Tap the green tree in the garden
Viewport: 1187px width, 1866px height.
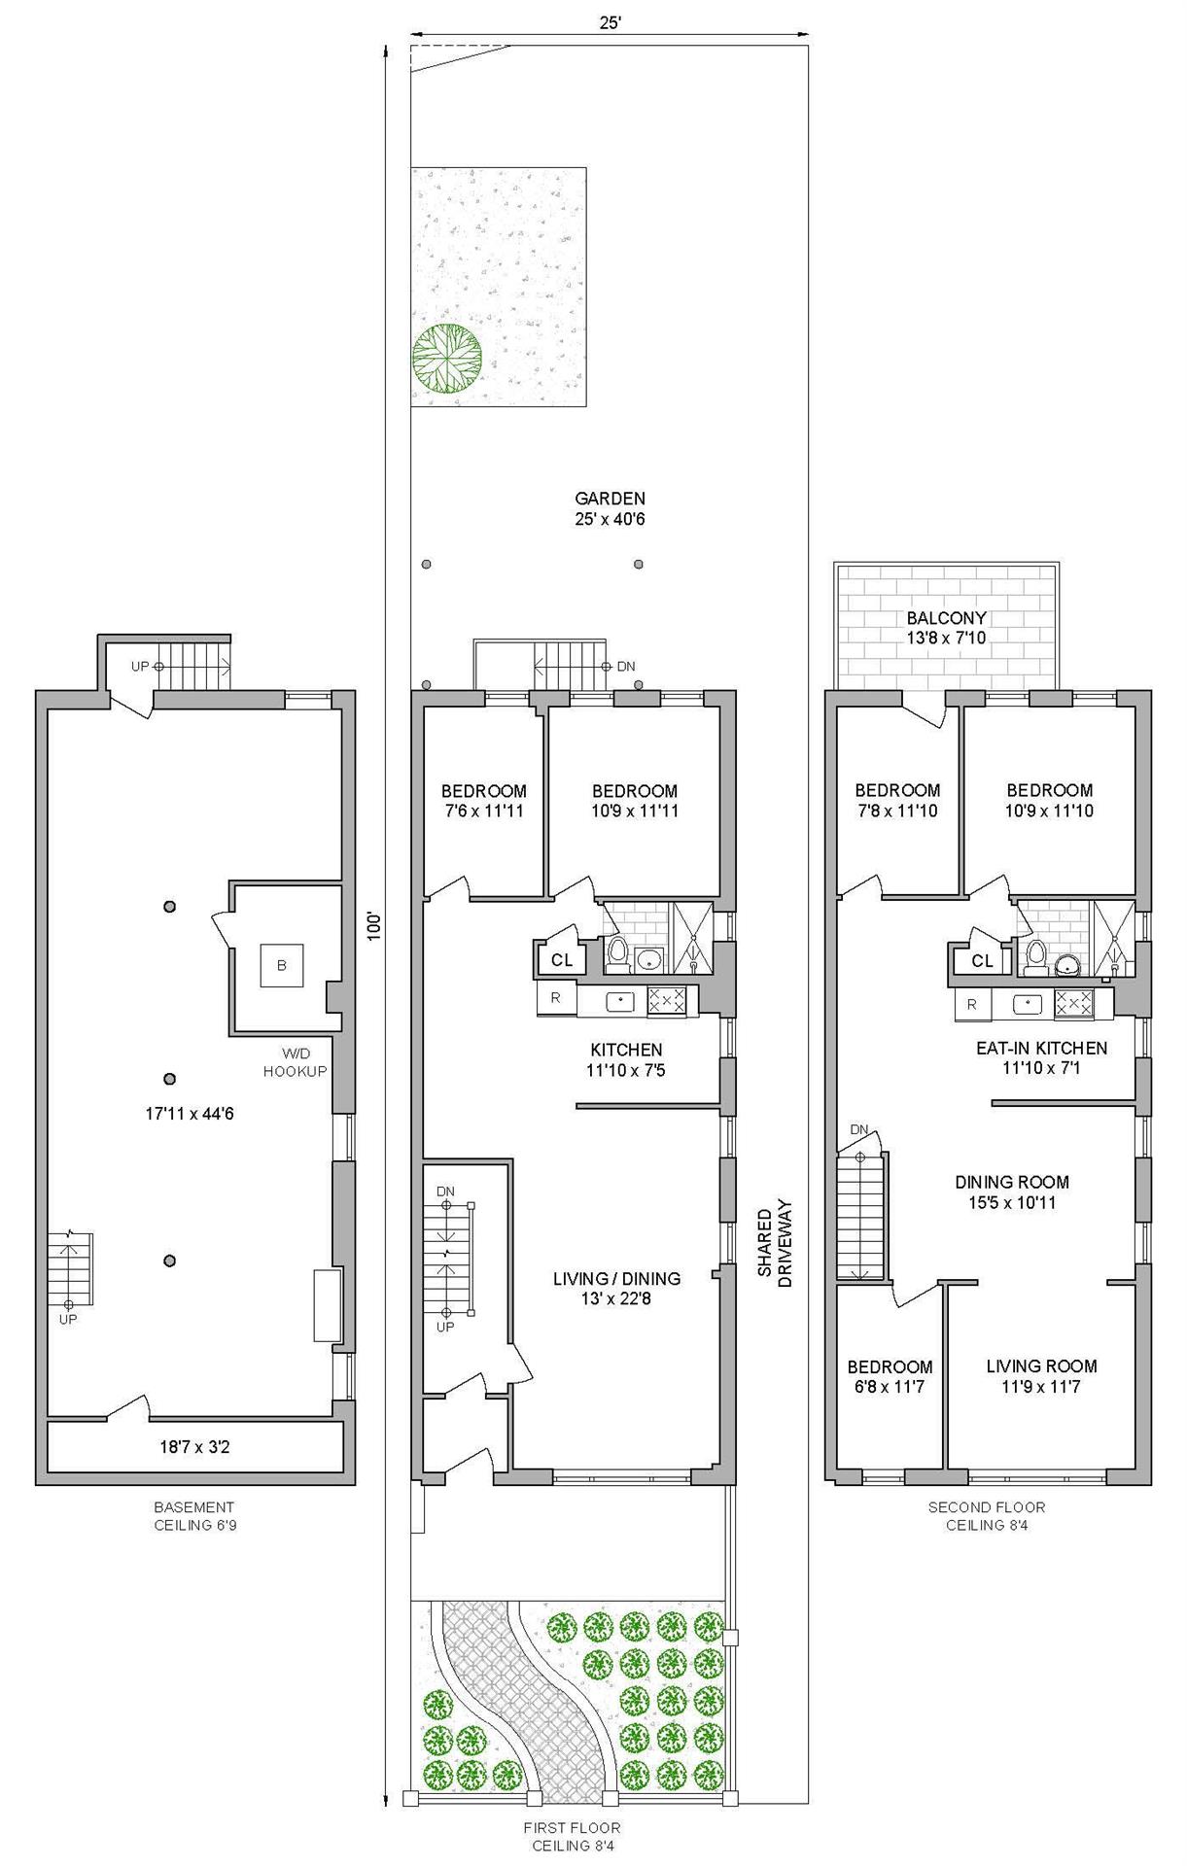coord(446,358)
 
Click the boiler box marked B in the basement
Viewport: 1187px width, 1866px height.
coord(282,966)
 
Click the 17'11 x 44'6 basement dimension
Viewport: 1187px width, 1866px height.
coord(190,1114)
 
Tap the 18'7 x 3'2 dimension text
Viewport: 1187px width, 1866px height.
coord(194,1447)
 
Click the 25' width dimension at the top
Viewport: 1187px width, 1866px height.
coord(610,24)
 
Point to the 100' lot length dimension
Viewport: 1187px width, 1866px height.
coord(375,923)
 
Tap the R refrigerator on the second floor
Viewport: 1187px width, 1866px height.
coord(971,1005)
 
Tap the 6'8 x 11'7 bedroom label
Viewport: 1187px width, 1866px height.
coord(890,1376)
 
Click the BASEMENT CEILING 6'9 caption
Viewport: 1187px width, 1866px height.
coord(194,1516)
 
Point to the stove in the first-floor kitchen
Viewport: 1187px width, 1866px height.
coord(667,1001)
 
